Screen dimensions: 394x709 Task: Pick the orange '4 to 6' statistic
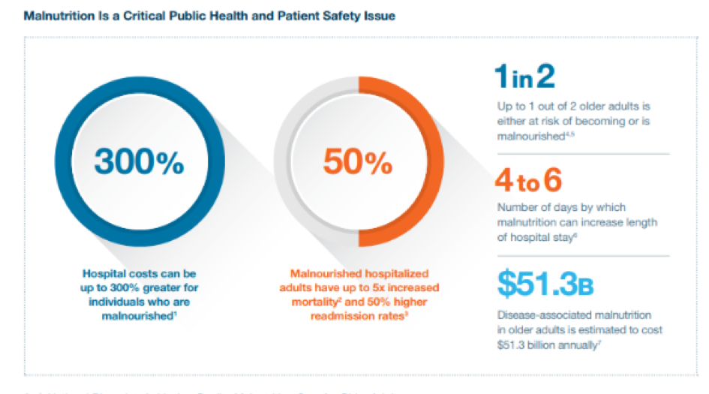pos(528,181)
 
